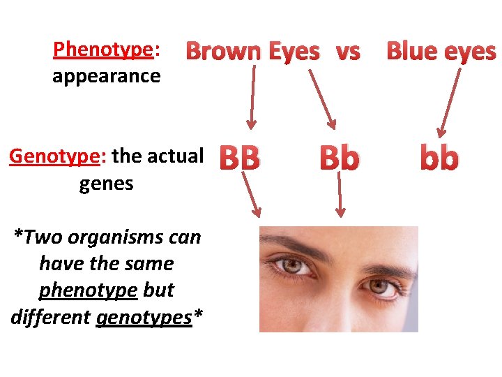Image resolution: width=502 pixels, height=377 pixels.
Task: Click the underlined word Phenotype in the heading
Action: click(x=102, y=50)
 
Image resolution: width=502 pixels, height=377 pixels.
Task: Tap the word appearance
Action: click(x=106, y=75)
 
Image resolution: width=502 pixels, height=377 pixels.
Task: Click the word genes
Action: click(x=106, y=184)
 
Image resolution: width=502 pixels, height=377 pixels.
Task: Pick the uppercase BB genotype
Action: click(x=240, y=159)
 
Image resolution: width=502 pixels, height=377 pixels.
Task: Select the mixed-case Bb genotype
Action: click(x=340, y=159)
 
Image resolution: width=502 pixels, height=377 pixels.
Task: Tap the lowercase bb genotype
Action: click(x=439, y=159)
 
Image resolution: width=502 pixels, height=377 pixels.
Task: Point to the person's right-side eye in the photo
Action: click(x=380, y=285)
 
